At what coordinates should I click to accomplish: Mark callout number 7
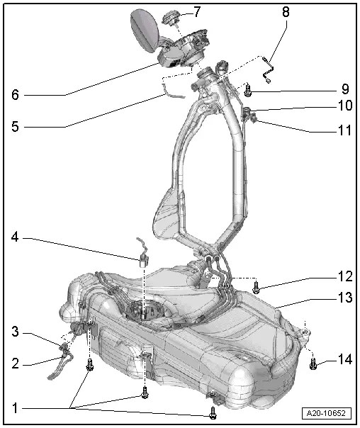click(x=197, y=12)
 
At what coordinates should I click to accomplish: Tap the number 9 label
click(x=344, y=90)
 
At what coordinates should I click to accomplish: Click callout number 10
click(x=344, y=106)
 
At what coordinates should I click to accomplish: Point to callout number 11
click(x=344, y=130)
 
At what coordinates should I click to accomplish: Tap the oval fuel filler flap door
click(x=145, y=31)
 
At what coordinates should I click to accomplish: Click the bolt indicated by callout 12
click(x=257, y=286)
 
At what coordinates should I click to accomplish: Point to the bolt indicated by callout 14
click(x=313, y=364)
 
